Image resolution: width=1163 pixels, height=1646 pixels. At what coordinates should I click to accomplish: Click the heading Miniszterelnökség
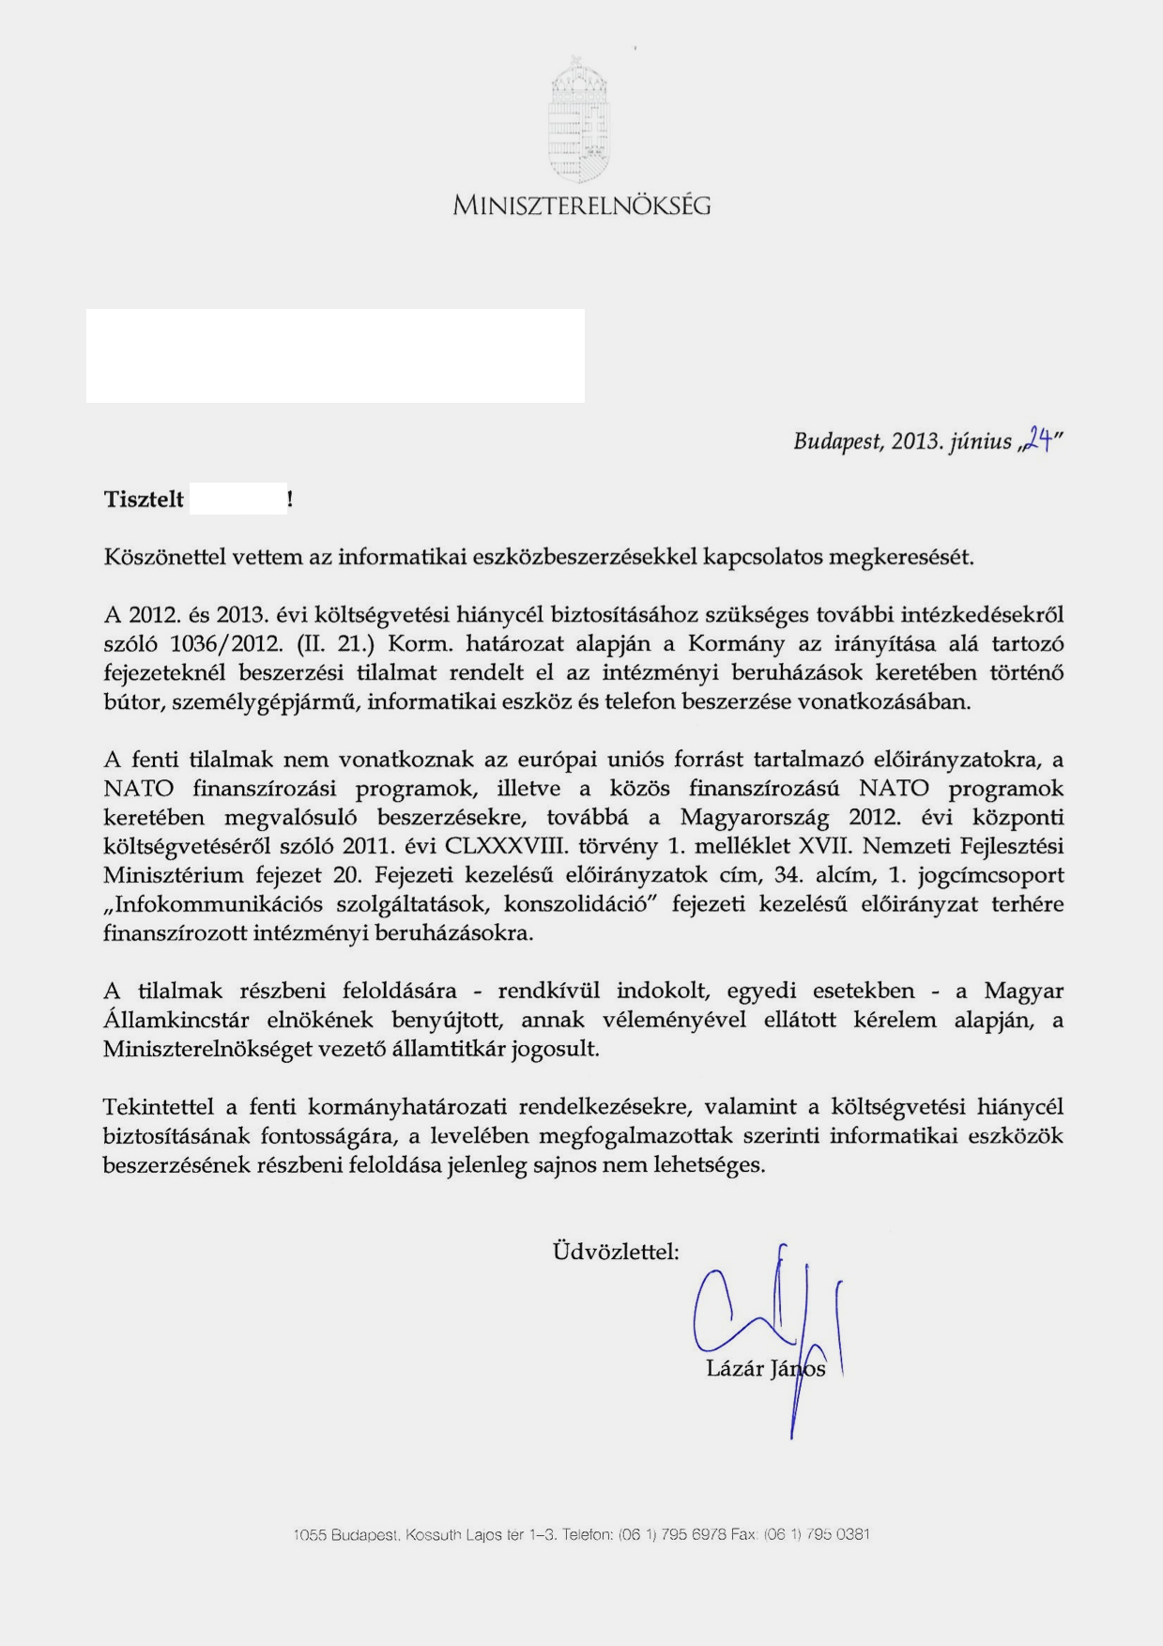pos(581,205)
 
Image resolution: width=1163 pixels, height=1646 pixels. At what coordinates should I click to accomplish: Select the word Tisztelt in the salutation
pos(144,500)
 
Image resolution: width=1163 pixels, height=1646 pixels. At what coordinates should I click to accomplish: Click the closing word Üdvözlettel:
pos(616,1252)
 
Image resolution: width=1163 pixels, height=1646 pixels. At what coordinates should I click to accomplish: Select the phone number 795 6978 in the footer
pos(694,1535)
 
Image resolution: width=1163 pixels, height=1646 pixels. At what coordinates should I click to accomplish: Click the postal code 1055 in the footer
pos(309,1535)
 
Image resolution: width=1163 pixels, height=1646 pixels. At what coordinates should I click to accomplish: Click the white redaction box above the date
pos(335,356)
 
